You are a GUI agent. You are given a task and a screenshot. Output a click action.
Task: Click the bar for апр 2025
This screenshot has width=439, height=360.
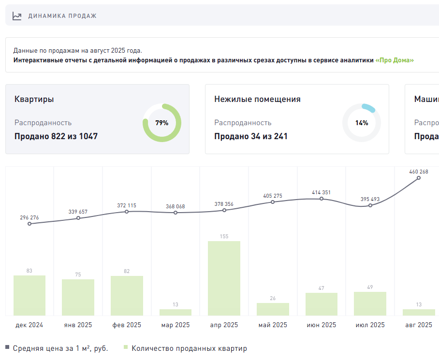click(224, 278)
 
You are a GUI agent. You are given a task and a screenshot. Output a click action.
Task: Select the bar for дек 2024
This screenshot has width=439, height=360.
click(29, 295)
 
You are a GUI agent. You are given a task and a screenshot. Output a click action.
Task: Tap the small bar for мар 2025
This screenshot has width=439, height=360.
click(176, 312)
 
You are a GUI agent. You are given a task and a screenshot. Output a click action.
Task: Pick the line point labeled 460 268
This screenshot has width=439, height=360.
click(419, 178)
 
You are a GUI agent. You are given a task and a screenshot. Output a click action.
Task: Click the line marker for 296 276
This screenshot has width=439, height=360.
click(29, 224)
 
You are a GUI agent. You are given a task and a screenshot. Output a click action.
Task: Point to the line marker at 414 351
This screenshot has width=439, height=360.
click(322, 199)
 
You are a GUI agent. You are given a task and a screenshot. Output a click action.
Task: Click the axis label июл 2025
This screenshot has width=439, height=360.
click(370, 325)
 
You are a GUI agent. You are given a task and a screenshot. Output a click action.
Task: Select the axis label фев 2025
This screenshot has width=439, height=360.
click(127, 325)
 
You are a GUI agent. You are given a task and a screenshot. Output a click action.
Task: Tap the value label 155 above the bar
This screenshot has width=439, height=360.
click(224, 236)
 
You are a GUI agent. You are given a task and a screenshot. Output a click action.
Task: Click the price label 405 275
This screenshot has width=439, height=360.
click(273, 196)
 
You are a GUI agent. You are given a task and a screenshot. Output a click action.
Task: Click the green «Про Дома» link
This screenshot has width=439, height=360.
click(395, 60)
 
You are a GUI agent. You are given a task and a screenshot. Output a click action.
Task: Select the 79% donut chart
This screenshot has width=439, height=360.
click(162, 123)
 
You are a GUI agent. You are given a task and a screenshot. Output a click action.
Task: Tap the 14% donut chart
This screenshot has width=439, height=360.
click(362, 123)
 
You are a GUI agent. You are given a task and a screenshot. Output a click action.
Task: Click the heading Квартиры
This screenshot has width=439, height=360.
click(34, 99)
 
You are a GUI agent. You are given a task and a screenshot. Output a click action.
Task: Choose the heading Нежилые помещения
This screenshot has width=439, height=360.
click(257, 99)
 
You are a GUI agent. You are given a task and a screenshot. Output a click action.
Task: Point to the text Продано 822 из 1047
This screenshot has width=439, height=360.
click(56, 136)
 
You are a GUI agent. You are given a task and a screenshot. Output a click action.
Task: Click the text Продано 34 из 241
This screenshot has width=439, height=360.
click(251, 136)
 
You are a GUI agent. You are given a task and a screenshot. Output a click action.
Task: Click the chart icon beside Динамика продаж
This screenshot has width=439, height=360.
click(17, 16)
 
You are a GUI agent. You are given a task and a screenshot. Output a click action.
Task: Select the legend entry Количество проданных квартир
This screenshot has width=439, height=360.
click(189, 348)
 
